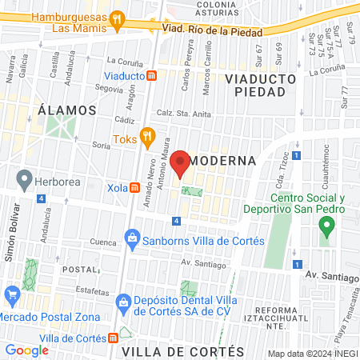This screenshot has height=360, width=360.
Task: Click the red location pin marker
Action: tap(180, 163)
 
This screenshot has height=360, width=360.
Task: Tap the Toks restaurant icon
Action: tap(146, 136)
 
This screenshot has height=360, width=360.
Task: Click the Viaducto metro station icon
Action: tap(151, 74)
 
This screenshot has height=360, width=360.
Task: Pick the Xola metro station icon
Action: tap(135, 188)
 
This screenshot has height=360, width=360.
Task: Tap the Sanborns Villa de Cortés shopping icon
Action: tap(131, 238)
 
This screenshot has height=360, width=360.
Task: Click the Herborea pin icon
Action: tap(24, 178)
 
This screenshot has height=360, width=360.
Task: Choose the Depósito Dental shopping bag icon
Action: tap(122, 301)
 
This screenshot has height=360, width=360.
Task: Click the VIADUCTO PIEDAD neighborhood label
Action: tap(261, 86)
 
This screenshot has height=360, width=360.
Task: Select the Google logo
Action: tap(27, 350)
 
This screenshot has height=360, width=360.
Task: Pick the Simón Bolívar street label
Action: tap(11, 238)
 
